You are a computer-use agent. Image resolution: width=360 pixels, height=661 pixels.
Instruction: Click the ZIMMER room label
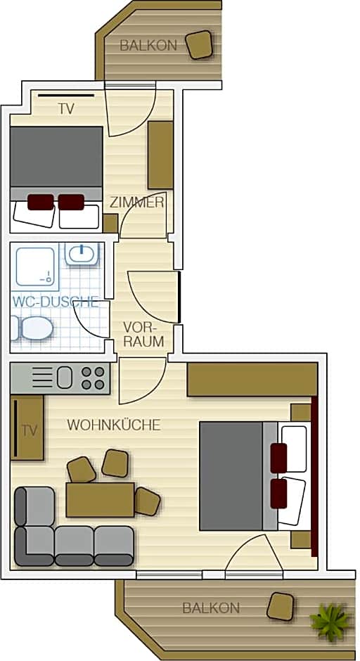click(136, 203)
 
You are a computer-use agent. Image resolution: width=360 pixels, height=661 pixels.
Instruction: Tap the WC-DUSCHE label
click(56, 302)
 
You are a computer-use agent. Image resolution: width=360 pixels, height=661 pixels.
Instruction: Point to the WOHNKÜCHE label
click(114, 425)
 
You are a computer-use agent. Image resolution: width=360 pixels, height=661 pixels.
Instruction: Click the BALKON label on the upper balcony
click(148, 46)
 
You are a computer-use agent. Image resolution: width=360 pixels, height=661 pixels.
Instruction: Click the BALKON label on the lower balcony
click(211, 608)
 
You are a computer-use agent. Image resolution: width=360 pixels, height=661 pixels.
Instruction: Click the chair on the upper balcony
click(200, 44)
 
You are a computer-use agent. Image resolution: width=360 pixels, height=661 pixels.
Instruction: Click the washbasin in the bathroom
click(82, 254)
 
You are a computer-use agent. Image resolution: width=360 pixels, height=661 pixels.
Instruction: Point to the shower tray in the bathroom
click(35, 267)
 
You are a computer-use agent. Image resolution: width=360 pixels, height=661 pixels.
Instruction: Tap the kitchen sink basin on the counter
click(65, 378)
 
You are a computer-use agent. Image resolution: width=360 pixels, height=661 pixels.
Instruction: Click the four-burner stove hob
click(93, 378)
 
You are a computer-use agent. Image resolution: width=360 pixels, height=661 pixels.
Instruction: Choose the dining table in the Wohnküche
click(100, 500)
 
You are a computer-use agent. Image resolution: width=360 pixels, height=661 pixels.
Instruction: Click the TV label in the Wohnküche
click(29, 431)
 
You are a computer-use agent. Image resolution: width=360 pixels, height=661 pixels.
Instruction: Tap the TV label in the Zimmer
click(66, 109)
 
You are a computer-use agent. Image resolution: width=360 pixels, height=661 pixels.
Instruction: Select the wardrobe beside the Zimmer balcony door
click(160, 155)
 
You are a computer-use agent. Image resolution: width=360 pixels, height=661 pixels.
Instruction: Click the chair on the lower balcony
click(280, 607)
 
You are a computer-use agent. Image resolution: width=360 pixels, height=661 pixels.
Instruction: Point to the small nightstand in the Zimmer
click(110, 224)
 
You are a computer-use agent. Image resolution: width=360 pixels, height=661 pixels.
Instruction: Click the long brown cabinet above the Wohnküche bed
click(252, 380)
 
